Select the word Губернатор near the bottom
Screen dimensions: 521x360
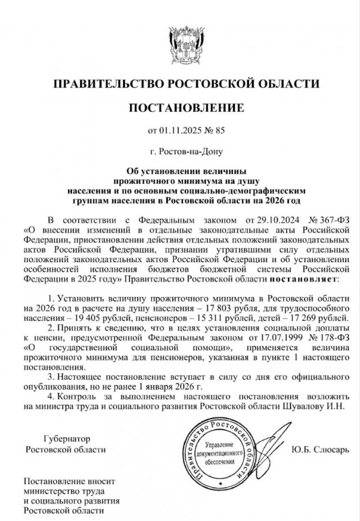tap(66, 438)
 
